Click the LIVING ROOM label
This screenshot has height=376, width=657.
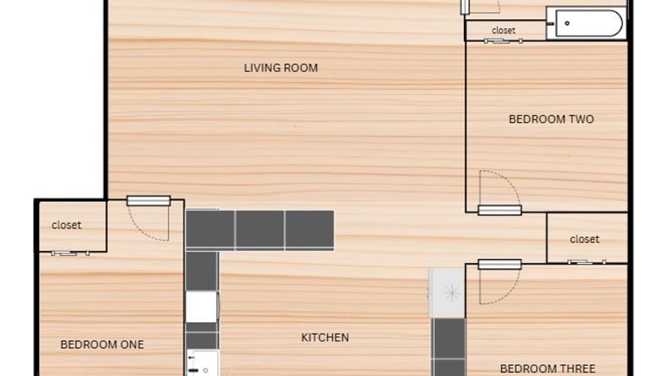coord(281,68)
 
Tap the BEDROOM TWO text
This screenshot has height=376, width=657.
coord(551,119)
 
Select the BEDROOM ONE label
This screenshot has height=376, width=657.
coord(102,344)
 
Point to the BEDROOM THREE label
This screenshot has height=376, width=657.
coord(548,369)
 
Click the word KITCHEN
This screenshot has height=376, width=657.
coord(325,337)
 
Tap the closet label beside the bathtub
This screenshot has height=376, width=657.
coord(503,31)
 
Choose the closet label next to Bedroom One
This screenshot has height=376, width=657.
coord(66,225)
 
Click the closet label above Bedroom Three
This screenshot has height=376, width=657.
coord(584,239)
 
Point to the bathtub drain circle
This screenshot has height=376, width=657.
coord(567,23)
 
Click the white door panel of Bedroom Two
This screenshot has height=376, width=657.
coord(499,210)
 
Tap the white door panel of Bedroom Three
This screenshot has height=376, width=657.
coord(499,264)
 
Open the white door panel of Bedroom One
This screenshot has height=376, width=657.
coord(148,201)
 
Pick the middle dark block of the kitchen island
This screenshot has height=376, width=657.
coord(260,229)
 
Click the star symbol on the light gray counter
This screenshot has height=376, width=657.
coord(452,292)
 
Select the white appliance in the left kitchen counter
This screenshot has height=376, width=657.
coord(202,307)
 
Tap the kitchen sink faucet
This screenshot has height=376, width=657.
coord(192,364)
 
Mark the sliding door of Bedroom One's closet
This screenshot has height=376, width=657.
coord(70,253)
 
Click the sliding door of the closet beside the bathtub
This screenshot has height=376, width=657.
coord(503,41)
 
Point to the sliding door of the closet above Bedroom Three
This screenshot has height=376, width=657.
coord(587,262)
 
